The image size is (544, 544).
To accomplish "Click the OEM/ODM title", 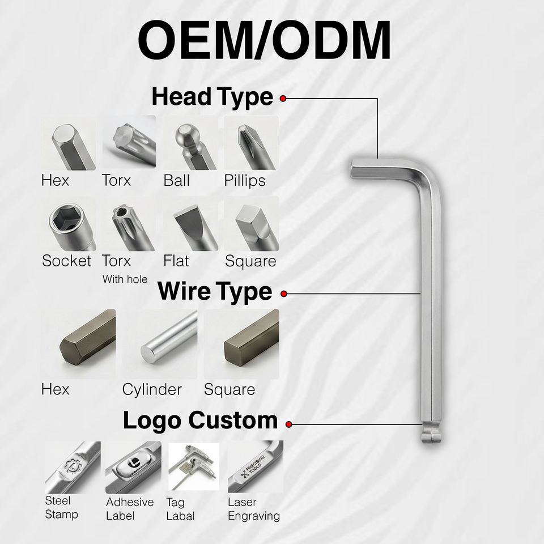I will coord(264,40).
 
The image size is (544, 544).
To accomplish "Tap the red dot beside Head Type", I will coord(283,99).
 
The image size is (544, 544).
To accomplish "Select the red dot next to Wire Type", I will coord(284,294).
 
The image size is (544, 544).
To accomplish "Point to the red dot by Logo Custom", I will coord(288,424).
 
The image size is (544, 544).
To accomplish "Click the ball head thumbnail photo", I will coord(189,143).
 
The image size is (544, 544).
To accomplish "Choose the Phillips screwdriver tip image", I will coord(251,143).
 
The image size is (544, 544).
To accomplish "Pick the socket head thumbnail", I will coord(68,224).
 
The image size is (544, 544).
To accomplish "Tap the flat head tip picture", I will coord(189,224).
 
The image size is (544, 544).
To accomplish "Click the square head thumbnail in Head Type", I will coord(251,224).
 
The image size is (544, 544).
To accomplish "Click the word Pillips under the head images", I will coord(245,181).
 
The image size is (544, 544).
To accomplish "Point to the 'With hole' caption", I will coord(125,279).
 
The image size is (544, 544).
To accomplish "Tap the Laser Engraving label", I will coord(253,509).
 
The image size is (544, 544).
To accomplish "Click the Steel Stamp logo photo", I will coord(73,467).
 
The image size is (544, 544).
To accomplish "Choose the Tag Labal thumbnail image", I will coord(193,467).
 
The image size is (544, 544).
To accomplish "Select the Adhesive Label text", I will coord(129,509).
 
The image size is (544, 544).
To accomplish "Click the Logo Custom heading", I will coord(200,421).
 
